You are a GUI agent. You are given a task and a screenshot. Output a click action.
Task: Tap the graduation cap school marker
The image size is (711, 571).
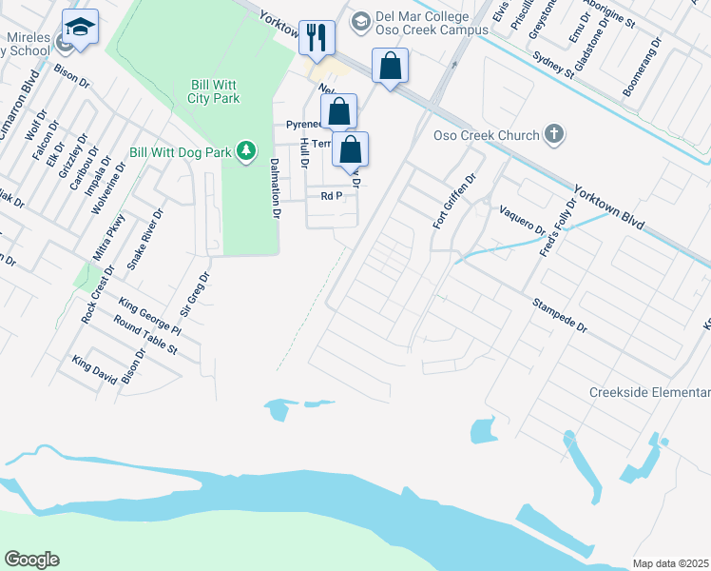81,27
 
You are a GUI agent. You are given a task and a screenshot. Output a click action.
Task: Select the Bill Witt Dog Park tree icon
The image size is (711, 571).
246,150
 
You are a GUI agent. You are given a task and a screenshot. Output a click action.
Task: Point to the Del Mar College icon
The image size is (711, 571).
360,19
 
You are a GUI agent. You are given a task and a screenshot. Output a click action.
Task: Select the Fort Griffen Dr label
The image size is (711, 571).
453,202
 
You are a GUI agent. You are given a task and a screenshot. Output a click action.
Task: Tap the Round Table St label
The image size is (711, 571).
145,337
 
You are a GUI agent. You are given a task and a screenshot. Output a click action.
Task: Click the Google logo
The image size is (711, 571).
31,560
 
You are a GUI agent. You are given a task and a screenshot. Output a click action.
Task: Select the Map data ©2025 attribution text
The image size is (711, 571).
669,563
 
